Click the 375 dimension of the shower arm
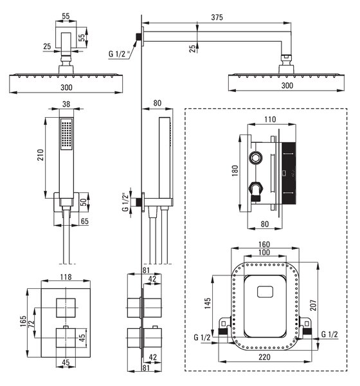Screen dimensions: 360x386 pos(217,17)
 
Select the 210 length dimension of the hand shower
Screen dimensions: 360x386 pos(40,155)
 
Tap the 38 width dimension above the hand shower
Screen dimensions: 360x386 pos(66,104)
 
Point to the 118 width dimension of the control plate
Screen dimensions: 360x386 pos(66,277)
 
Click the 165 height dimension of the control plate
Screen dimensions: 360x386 pos(23,321)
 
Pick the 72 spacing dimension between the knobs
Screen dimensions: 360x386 pos(31,322)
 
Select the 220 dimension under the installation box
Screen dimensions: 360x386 pos(264,357)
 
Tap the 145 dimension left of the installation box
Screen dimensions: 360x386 pos(208,303)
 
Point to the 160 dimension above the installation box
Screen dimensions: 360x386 pos(264,244)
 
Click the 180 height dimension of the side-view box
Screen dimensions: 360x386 pos(235,170)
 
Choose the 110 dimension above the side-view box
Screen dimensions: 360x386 pos(270,120)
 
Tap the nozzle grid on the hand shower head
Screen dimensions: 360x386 pos(66,134)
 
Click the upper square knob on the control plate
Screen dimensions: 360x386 pos(66,308)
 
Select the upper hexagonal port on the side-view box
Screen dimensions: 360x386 pos(256,158)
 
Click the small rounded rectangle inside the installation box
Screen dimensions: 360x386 pos(265,291)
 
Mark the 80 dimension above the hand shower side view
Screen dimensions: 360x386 pos(157,103)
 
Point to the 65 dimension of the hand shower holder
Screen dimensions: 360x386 pos(84,221)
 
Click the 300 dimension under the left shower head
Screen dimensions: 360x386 pos(66,87)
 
